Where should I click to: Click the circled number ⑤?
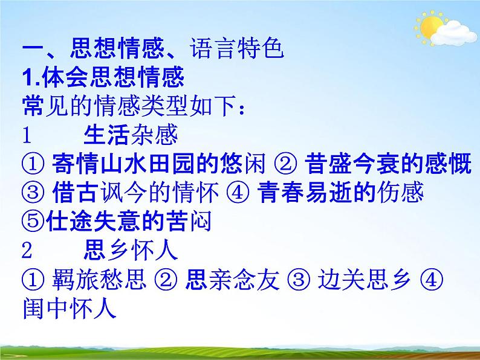click(31, 222)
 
